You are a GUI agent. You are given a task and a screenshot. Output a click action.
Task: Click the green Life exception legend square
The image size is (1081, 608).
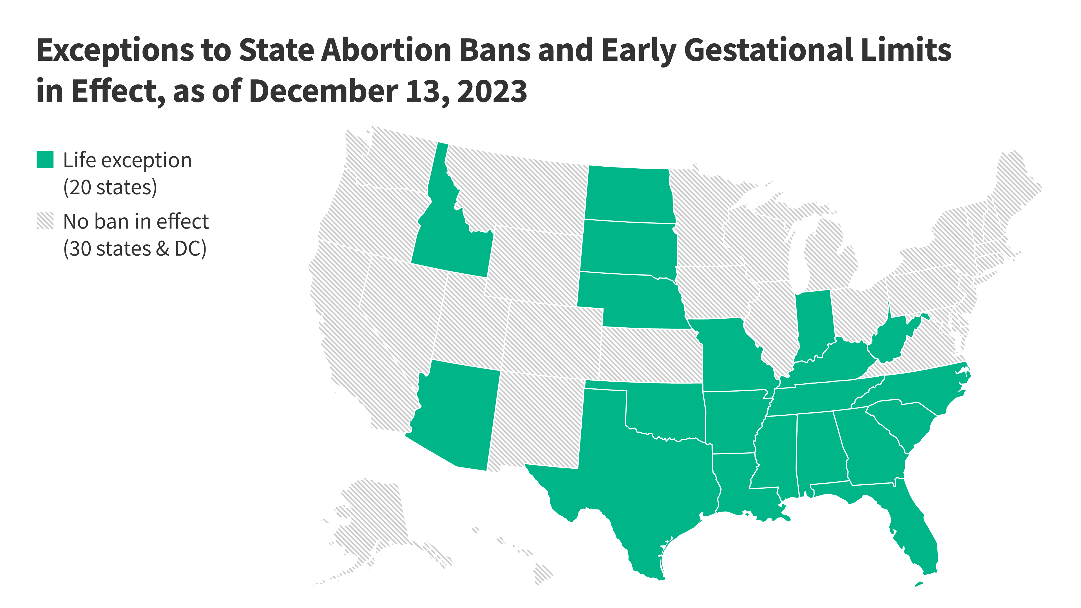point(45,159)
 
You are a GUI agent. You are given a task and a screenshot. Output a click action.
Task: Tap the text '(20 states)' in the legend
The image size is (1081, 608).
point(110,187)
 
